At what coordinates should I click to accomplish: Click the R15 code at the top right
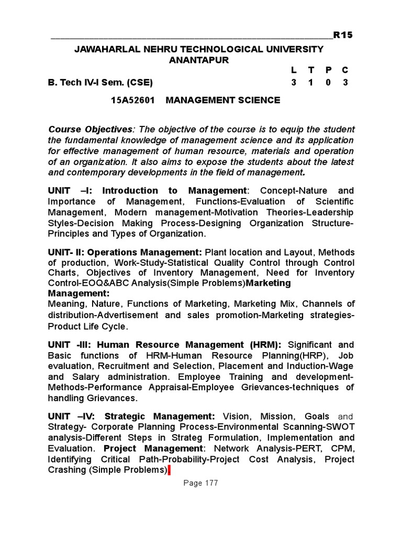point(343,35)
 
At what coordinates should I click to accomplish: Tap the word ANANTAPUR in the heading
point(199,60)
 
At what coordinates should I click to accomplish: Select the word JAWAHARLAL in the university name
point(103,49)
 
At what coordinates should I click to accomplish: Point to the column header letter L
point(294,70)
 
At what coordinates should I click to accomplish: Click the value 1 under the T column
point(311,83)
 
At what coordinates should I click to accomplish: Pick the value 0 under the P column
point(328,83)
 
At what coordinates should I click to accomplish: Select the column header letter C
point(345,70)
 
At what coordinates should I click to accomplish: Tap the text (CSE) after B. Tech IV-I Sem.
point(141,83)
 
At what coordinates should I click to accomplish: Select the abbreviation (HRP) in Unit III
point(319,356)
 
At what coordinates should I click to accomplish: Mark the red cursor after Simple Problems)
point(169,470)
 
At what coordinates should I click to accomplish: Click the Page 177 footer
point(200,483)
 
